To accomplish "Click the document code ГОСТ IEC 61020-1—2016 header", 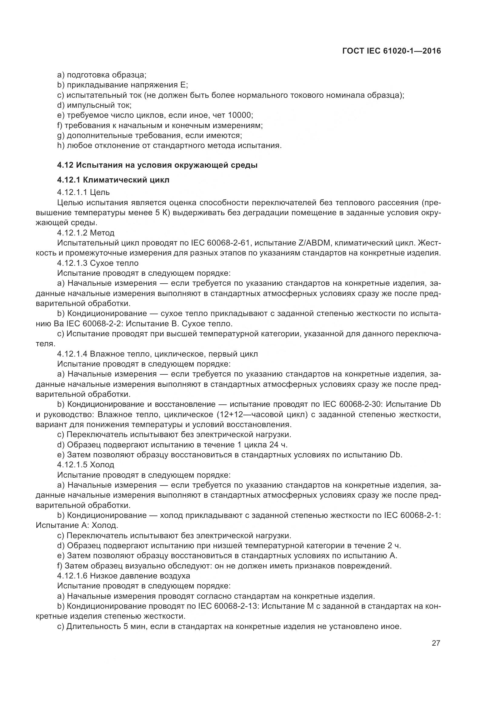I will [x=391, y=51].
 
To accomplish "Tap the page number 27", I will [x=436, y=643].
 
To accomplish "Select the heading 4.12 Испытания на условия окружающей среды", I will [x=157, y=165].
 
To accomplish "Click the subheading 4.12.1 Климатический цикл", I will [x=113, y=180].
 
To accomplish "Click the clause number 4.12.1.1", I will [x=72, y=193].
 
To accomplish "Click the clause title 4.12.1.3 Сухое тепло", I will [x=98, y=263].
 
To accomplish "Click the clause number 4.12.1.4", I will [x=72, y=354].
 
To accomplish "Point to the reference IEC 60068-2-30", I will [x=351, y=404].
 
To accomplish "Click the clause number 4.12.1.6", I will [x=72, y=576].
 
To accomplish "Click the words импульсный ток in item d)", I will [x=99, y=105].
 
